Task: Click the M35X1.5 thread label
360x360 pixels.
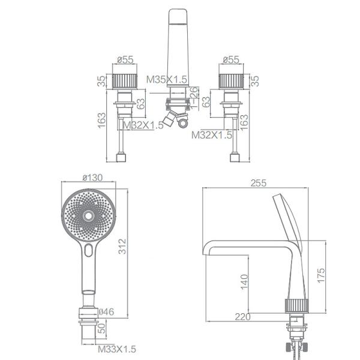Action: [167, 80]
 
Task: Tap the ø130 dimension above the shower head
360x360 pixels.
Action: [92, 178]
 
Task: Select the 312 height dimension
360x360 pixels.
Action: [122, 247]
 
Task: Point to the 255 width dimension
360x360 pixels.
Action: [259, 183]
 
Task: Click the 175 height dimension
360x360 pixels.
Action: [321, 275]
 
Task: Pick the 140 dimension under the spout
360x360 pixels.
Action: [245, 282]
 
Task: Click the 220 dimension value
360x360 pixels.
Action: [242, 317]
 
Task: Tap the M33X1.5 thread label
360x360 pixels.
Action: [117, 349]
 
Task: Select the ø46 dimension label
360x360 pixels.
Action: [106, 312]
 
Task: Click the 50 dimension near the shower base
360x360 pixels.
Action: [103, 328]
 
